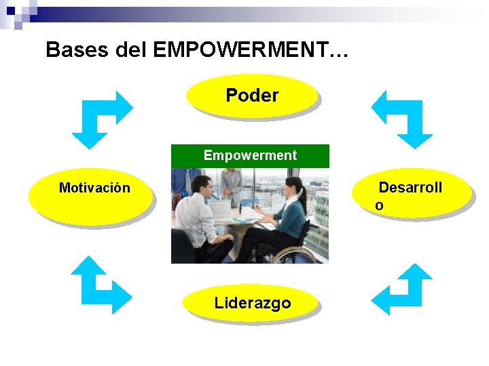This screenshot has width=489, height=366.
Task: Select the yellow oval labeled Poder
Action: (252, 96)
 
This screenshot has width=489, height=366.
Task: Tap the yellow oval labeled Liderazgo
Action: (252, 303)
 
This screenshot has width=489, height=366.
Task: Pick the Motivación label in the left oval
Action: (94, 188)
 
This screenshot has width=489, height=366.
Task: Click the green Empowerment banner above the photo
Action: (250, 156)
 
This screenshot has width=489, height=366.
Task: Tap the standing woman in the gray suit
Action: (232, 186)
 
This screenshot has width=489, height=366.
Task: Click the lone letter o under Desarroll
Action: (379, 205)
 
